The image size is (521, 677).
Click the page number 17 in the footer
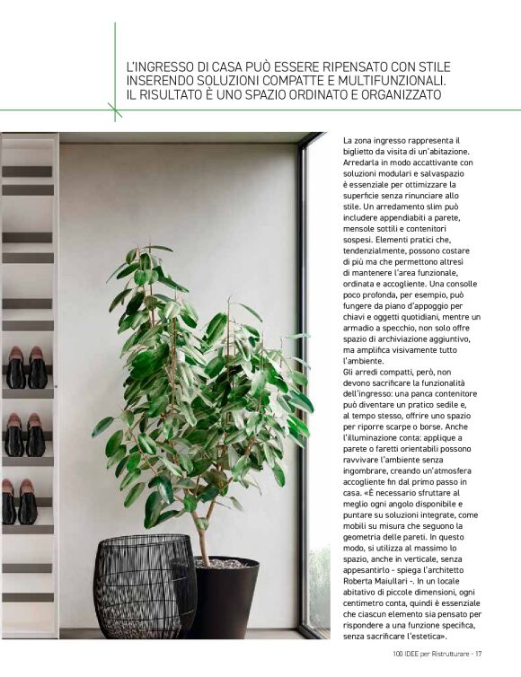(480, 653)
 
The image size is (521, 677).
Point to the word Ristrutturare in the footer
(443, 653)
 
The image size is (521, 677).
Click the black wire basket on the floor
(144, 586)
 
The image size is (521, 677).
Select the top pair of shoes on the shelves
(27, 367)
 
